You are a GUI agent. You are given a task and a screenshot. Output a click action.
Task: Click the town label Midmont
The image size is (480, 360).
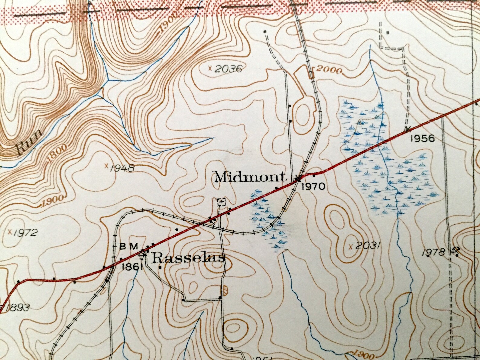point(250,177)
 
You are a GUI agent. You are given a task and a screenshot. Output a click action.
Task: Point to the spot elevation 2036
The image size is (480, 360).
point(229,69)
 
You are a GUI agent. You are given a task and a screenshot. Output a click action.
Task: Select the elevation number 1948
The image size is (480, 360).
point(122,168)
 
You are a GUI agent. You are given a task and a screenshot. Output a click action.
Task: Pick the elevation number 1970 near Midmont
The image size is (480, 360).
point(313,186)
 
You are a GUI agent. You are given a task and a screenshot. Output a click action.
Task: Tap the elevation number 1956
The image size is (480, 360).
point(422,138)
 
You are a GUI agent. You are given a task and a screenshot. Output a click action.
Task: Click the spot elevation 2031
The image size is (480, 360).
point(367,245)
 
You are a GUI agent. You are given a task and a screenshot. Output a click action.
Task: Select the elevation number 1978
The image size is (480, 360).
point(433,252)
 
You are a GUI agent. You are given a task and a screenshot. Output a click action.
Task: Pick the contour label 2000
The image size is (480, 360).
point(329,71)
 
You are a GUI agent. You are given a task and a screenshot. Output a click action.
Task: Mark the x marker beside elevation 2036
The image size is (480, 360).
point(210,68)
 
